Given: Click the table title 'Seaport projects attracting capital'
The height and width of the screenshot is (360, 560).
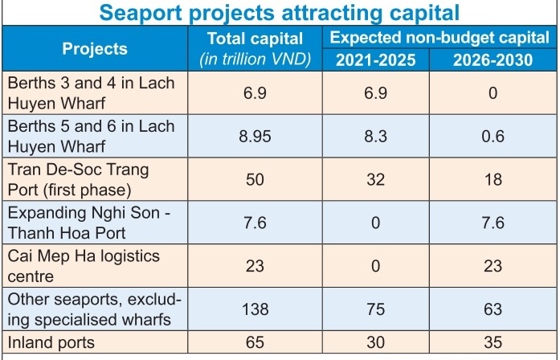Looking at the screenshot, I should coord(279,12).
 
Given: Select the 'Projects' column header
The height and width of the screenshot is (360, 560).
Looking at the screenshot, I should coord(95,49).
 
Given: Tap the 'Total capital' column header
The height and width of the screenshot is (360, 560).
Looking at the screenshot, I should coord(255,39).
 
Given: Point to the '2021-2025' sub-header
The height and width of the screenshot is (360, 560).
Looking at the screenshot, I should coord(374,59).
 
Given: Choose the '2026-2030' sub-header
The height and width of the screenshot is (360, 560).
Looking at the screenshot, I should coord(493,59).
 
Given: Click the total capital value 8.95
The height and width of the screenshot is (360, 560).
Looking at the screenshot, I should coord(255,136).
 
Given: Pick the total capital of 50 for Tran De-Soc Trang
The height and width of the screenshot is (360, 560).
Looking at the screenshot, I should coord(255,179).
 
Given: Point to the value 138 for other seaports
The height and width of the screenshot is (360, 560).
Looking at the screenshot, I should coord(255,309).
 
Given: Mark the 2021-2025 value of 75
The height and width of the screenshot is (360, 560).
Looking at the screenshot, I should coord(374,309).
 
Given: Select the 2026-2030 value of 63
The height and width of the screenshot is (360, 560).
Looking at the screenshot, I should coord(493,309).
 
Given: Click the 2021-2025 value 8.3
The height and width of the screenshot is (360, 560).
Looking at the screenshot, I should coord(374,136).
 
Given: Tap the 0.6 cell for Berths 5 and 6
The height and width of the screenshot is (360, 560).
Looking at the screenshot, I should coord(493,136).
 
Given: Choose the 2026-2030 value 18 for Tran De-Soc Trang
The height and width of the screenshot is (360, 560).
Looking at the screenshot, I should coord(493,179).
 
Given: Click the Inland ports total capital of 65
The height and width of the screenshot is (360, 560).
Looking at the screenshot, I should coord(255,342).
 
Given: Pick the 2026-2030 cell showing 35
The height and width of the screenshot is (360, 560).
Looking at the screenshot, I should coord(493,342).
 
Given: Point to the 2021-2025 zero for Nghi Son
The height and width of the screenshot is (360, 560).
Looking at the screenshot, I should coord(374,223).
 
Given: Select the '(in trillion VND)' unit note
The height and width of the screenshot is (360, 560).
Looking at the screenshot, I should coord(255,59).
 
